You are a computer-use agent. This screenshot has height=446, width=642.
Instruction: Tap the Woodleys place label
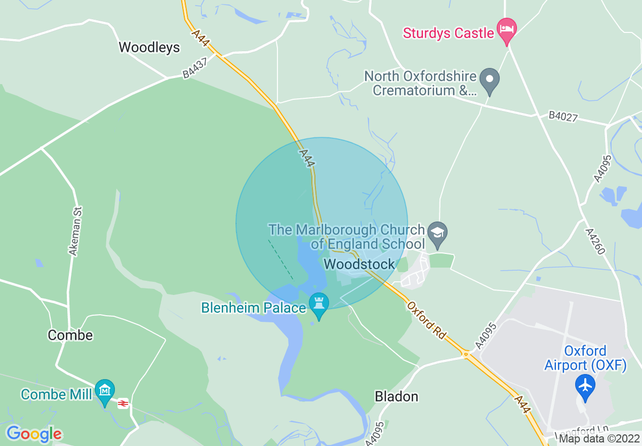pos(149,47)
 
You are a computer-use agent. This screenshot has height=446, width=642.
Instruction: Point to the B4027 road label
pos(563,116)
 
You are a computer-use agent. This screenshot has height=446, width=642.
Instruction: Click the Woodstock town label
pos(359,264)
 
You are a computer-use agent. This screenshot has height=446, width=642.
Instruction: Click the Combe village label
pos(70,335)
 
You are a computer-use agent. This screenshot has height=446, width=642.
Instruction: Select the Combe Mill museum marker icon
pos(105,391)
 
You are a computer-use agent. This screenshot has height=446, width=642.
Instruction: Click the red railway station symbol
pos(123,403)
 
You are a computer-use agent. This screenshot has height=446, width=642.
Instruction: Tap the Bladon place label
pos(396,396)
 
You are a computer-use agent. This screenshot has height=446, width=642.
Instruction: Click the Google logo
pos(34,434)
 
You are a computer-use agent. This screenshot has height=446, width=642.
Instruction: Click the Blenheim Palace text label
pos(253,308)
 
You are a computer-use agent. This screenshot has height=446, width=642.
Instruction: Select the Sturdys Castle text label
pos(448,33)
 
